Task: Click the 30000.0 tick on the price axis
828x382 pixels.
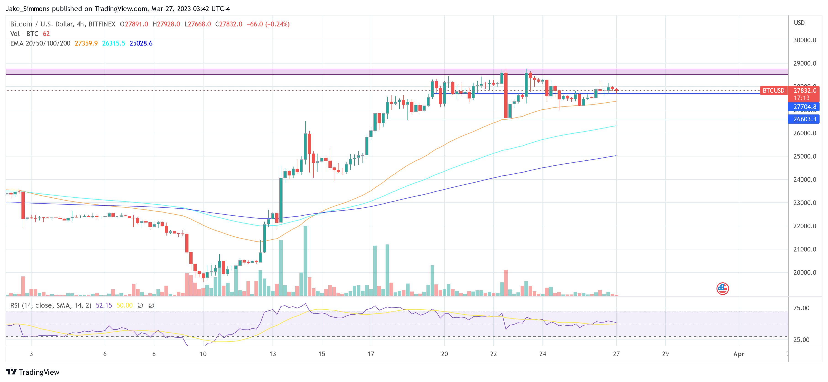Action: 804,40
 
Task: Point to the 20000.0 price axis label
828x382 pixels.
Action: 804,273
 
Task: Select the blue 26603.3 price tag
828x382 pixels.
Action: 804,119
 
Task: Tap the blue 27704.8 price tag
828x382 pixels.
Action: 804,107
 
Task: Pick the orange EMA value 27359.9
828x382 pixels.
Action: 86,43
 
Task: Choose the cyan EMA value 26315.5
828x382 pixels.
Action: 114,43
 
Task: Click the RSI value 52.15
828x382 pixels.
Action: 104,305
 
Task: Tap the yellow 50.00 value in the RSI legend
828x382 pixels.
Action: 124,305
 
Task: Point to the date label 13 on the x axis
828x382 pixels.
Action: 272,354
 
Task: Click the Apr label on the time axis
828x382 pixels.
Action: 739,354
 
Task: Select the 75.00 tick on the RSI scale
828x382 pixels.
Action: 801,308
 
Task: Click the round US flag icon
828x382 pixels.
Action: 722,288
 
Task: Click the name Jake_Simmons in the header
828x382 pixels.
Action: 28,9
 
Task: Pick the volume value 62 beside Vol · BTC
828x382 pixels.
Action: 46,34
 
